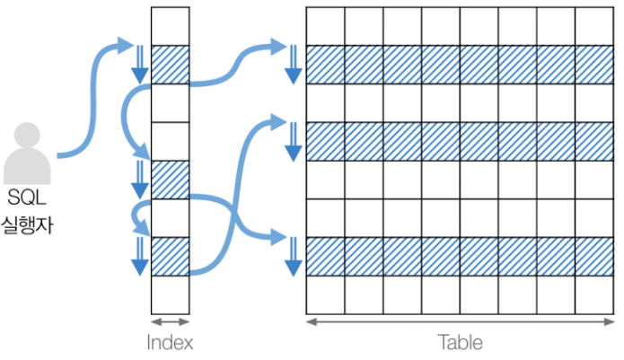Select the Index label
[x=170, y=342]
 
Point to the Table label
[x=460, y=342]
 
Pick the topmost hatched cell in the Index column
[x=170, y=64]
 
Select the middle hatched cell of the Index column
[x=170, y=180]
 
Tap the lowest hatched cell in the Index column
[x=170, y=257]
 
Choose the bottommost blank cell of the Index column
[x=170, y=294]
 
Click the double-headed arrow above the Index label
[x=170, y=321]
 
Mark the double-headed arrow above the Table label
[x=460, y=321]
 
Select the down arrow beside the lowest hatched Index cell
[x=139, y=257]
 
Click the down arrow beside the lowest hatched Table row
[x=291, y=257]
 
